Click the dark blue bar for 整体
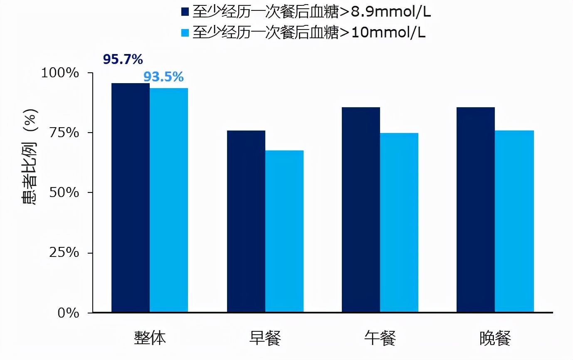coord(131,197)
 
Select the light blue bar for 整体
coord(169,200)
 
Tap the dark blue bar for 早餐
coord(246,221)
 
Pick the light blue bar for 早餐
coord(284,231)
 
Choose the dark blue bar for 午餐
coord(361,210)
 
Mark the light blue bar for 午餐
coord(399,222)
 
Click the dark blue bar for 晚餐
coord(476,210)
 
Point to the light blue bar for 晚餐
coord(514,221)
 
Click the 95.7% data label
coord(123,60)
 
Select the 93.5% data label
coord(163,77)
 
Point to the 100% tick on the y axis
coord(60,73)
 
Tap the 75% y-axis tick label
coord(64,133)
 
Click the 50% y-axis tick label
coord(64,193)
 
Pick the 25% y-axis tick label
coord(64,253)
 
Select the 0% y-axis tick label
coord(68,313)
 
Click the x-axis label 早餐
coord(265,338)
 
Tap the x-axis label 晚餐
coord(495,338)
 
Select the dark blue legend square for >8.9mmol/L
coord(185,12)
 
